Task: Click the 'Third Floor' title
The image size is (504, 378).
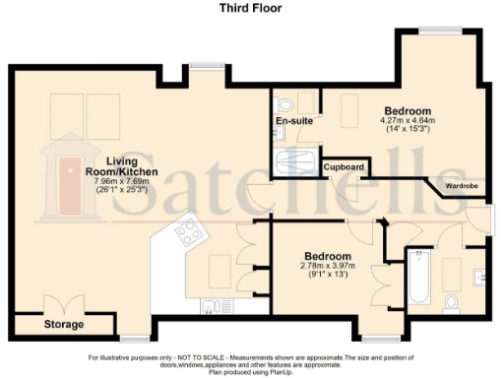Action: [252, 7]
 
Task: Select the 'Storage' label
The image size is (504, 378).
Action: [63, 324]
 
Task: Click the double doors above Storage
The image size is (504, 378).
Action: [64, 303]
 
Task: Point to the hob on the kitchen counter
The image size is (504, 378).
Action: [187, 232]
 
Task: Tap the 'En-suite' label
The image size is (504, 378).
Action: [293, 121]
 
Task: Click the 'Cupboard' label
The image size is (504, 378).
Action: [345, 167]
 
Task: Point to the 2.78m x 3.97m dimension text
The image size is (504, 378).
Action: [325, 265]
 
